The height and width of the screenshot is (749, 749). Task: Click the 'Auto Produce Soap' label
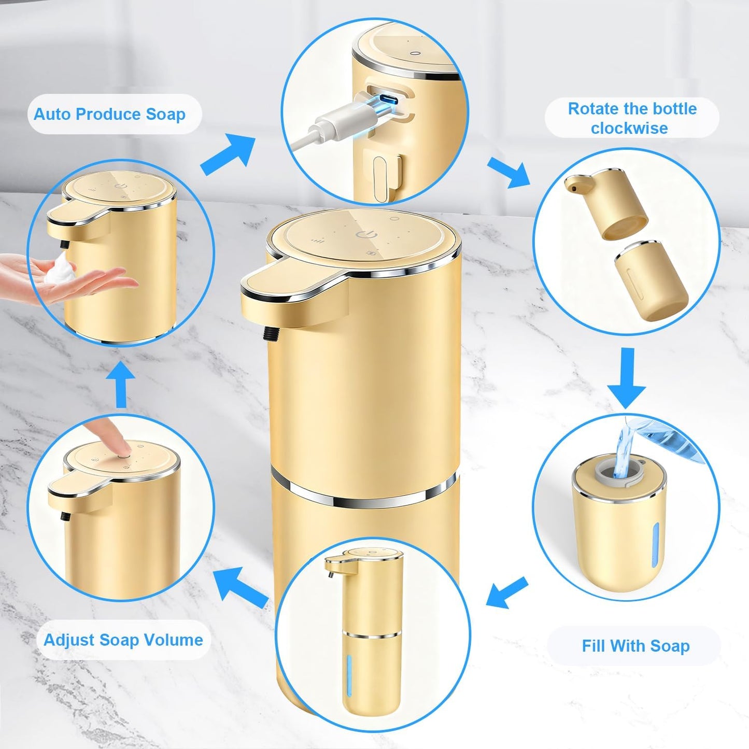(109, 115)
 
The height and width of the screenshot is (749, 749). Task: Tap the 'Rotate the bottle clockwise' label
(631, 118)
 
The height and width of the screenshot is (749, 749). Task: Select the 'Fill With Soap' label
(635, 646)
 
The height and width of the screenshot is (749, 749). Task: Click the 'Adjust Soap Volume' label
(123, 640)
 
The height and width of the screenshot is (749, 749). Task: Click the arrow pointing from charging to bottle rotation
(508, 172)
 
